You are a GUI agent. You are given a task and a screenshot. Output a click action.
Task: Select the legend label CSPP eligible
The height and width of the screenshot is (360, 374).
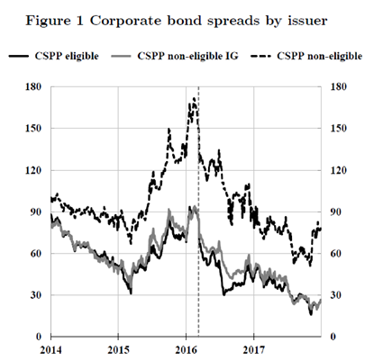pyautogui.click(x=67, y=56)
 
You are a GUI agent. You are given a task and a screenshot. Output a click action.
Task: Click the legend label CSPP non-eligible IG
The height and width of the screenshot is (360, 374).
pyautogui.click(x=187, y=56)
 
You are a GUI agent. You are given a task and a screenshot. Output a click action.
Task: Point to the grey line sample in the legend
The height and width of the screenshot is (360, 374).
pyautogui.click(x=121, y=56)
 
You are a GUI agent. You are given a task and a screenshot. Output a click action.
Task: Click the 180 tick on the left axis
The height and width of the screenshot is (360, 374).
pyautogui.click(x=33, y=86)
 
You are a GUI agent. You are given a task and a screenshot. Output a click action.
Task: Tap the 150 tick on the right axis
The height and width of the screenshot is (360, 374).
pyautogui.click(x=339, y=129)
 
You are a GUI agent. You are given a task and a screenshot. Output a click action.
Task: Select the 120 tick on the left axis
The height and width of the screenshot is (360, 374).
pyautogui.click(x=33, y=170)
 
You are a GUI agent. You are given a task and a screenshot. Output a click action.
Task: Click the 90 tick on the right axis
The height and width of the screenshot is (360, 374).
pyautogui.click(x=336, y=212)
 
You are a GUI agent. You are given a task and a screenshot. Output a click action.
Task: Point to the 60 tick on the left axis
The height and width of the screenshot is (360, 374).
pyautogui.click(x=36, y=254)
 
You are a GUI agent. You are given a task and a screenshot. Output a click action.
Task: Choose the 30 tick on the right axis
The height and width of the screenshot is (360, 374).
pyautogui.click(x=336, y=295)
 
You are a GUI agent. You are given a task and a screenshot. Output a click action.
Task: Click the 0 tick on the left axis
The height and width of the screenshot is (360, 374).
pyautogui.click(x=39, y=337)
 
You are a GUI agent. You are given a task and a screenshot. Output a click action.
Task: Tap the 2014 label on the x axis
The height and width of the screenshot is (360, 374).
pyautogui.click(x=51, y=350)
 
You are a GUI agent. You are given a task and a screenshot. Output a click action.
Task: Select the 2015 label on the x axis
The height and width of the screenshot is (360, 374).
pyautogui.click(x=118, y=350)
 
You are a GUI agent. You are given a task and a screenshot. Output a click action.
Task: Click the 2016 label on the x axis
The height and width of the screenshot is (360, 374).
pyautogui.click(x=187, y=350)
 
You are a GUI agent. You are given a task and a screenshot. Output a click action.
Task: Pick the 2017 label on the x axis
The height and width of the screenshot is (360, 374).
pyautogui.click(x=254, y=350)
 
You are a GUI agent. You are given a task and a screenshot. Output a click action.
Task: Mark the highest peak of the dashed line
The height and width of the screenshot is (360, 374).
pyautogui.click(x=194, y=98)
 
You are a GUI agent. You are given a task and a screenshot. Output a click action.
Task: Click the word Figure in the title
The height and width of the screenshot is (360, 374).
pyautogui.click(x=46, y=22)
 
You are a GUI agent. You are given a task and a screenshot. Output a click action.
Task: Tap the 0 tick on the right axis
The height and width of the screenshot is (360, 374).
pyautogui.click(x=333, y=337)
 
